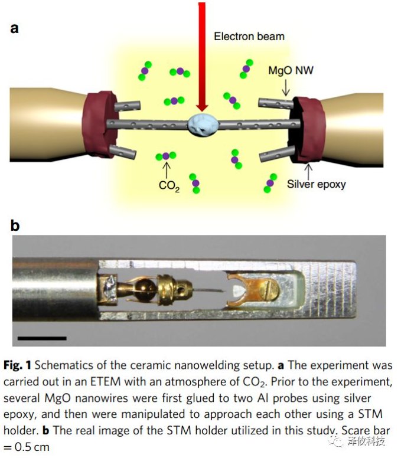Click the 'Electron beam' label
tap(249, 36)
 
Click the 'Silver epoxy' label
tap(316, 184)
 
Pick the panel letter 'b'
tap(15, 225)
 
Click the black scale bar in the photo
tap(42, 338)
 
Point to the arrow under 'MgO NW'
tap(285, 88)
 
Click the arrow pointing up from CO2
tap(167, 170)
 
